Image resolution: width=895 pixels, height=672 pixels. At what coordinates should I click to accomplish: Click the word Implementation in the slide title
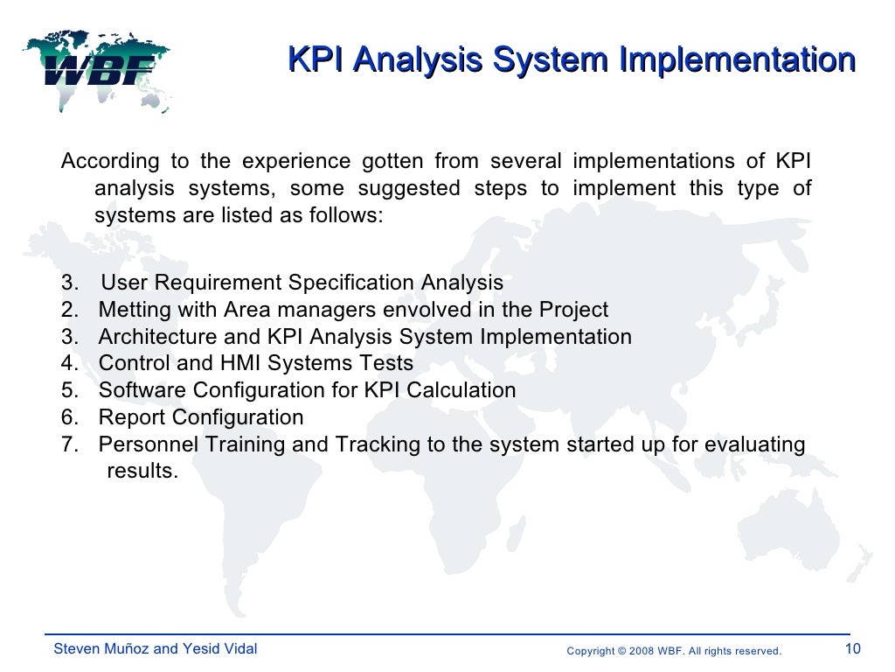click(x=737, y=60)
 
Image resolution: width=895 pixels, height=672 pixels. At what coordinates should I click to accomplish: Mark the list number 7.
click(x=67, y=444)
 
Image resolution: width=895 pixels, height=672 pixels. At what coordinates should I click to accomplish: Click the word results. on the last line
click(x=142, y=472)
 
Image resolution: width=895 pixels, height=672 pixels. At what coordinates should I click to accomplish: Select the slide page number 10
click(x=853, y=649)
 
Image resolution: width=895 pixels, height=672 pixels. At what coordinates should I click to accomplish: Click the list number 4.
click(x=67, y=363)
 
